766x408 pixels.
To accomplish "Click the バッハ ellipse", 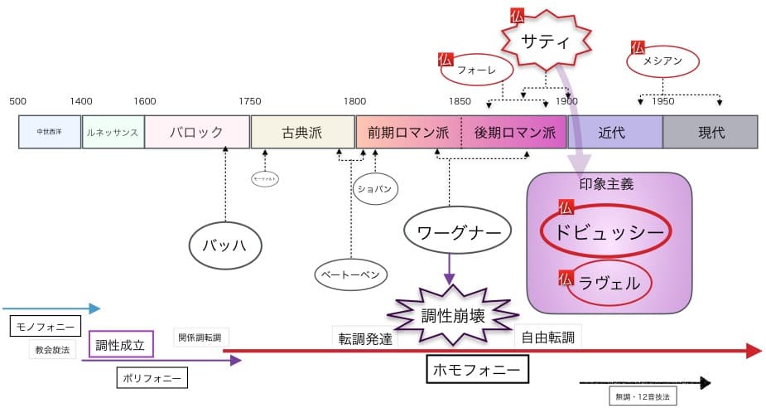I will pos(225,245).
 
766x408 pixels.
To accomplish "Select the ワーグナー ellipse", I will pos(455,232).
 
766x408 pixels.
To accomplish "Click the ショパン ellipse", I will pos(373,188).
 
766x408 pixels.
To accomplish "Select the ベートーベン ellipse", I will pos(351,273).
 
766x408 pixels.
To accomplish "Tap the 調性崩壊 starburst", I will pos(454,316).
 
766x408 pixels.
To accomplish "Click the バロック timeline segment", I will pos(197,132).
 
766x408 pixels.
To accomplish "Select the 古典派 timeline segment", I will pos(302,132).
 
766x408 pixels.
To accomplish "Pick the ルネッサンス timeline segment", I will pos(113,132).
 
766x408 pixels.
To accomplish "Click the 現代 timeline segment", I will pos(711,132).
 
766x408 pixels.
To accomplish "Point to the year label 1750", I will pos(249,101).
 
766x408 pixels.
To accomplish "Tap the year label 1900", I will pos(566,101).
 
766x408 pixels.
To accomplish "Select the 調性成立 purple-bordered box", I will pos(121,345).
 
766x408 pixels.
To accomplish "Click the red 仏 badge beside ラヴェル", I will pos(566,276).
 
